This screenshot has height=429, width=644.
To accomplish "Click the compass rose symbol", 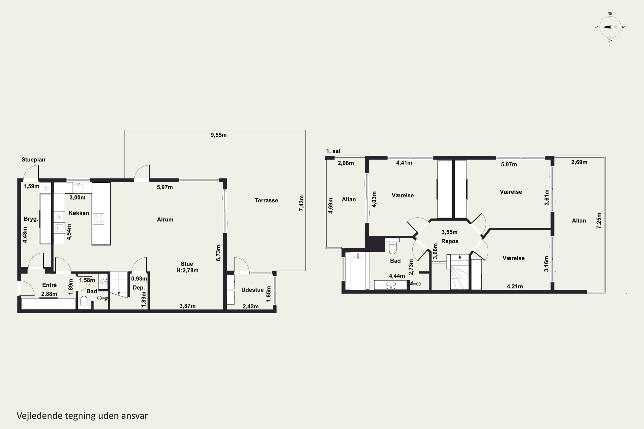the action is tap(610, 27).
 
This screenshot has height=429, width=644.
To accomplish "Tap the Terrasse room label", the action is tap(266, 200).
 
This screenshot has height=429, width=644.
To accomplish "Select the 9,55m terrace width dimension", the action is tap(219, 135).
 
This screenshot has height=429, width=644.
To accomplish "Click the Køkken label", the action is tap(79, 213).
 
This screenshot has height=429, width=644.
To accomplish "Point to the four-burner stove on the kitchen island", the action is tap(98, 219).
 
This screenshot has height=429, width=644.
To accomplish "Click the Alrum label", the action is tap(165, 219).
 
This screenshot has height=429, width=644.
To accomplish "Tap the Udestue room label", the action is tap(252, 290).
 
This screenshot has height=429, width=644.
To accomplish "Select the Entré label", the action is tap(49, 285).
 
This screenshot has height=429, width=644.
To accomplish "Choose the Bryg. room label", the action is tap(31, 219).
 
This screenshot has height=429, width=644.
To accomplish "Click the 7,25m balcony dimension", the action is tap(599, 221).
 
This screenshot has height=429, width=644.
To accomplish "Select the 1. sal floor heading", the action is tap(333, 151).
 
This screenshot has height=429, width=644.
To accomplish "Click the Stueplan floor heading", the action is tap(33, 160).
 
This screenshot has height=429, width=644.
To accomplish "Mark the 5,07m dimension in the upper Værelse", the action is tap(509, 165).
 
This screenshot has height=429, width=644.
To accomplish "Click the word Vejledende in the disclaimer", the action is tap(40, 416).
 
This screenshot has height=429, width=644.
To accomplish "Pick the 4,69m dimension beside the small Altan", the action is tap(331, 205).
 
